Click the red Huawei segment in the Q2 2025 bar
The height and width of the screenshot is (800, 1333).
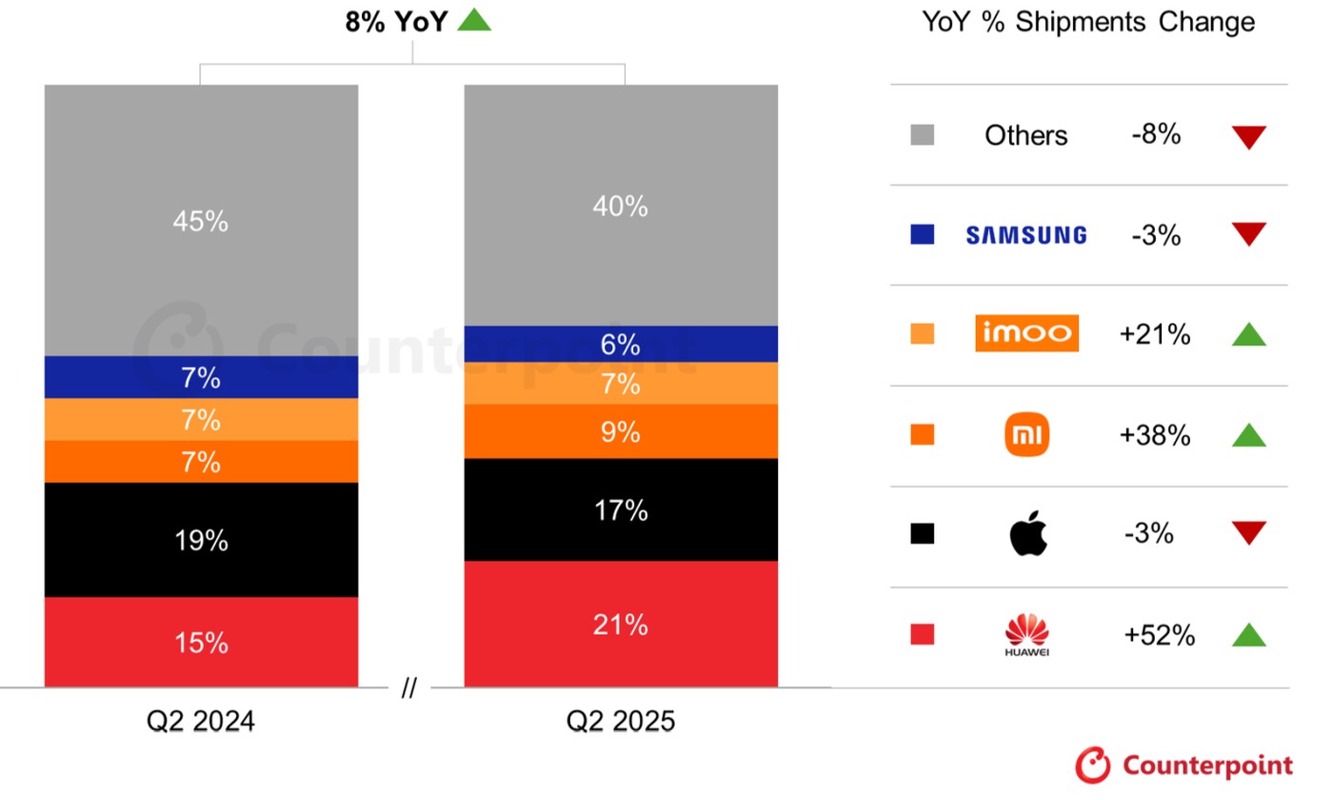point(621,624)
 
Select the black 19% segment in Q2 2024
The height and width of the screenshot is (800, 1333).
point(201,540)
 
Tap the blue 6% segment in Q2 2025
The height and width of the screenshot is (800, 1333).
point(621,344)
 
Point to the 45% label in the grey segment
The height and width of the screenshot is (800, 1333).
point(201,222)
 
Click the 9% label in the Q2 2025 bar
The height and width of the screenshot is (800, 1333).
point(621,432)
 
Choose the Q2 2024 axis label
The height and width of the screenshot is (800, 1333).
point(201,721)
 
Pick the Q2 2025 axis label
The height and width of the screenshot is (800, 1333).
point(621,721)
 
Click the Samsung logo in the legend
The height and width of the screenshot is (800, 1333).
point(1026,235)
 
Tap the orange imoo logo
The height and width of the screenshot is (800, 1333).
point(1026,333)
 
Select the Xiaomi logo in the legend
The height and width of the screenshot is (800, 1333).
point(1026,435)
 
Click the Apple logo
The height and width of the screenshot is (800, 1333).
point(1027,533)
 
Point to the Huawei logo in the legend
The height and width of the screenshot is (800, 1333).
point(1026,635)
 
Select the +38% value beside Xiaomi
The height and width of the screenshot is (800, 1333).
point(1157,435)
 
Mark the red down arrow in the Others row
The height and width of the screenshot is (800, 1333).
point(1248,137)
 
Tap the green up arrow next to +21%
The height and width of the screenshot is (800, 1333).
point(1248,334)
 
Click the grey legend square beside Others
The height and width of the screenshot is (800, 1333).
point(922,135)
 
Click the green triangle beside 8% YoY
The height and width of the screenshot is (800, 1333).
point(474,20)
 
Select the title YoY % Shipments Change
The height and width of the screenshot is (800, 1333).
point(1088,22)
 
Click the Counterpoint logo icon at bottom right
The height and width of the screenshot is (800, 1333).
point(1093,765)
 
